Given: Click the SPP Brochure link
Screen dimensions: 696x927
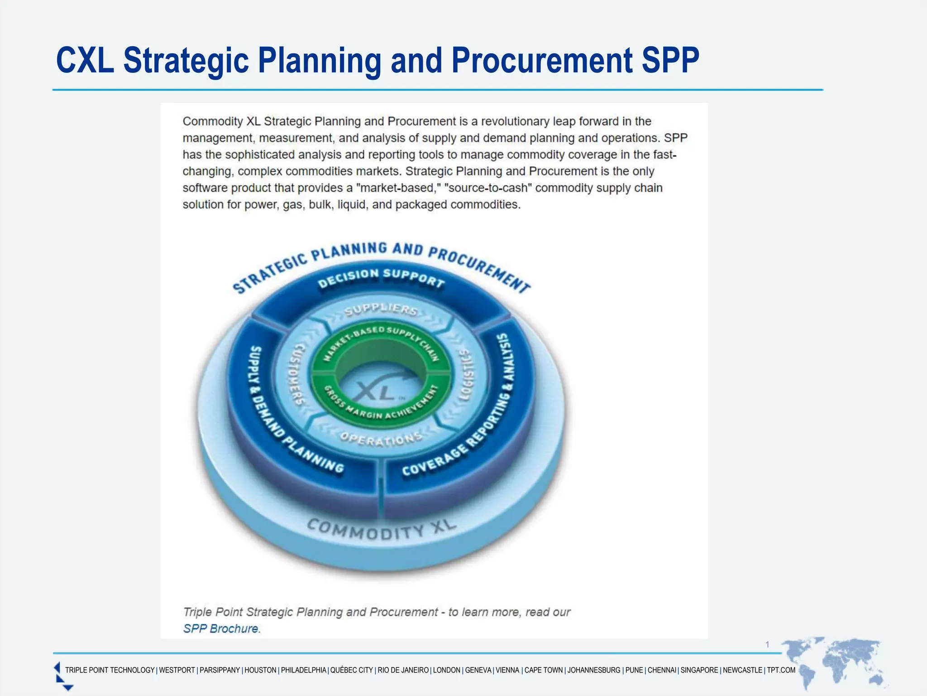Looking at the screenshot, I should click(221, 629).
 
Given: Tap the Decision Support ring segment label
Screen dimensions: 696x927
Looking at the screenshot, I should click(381, 278).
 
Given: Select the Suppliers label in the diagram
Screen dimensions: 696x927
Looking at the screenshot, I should click(381, 309).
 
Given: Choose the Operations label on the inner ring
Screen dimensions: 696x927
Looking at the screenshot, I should click(381, 439).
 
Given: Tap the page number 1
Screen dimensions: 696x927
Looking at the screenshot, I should click(767, 644).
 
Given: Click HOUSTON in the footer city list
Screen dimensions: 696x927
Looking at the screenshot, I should click(260, 670).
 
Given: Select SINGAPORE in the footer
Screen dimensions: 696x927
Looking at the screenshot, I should click(699, 670).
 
